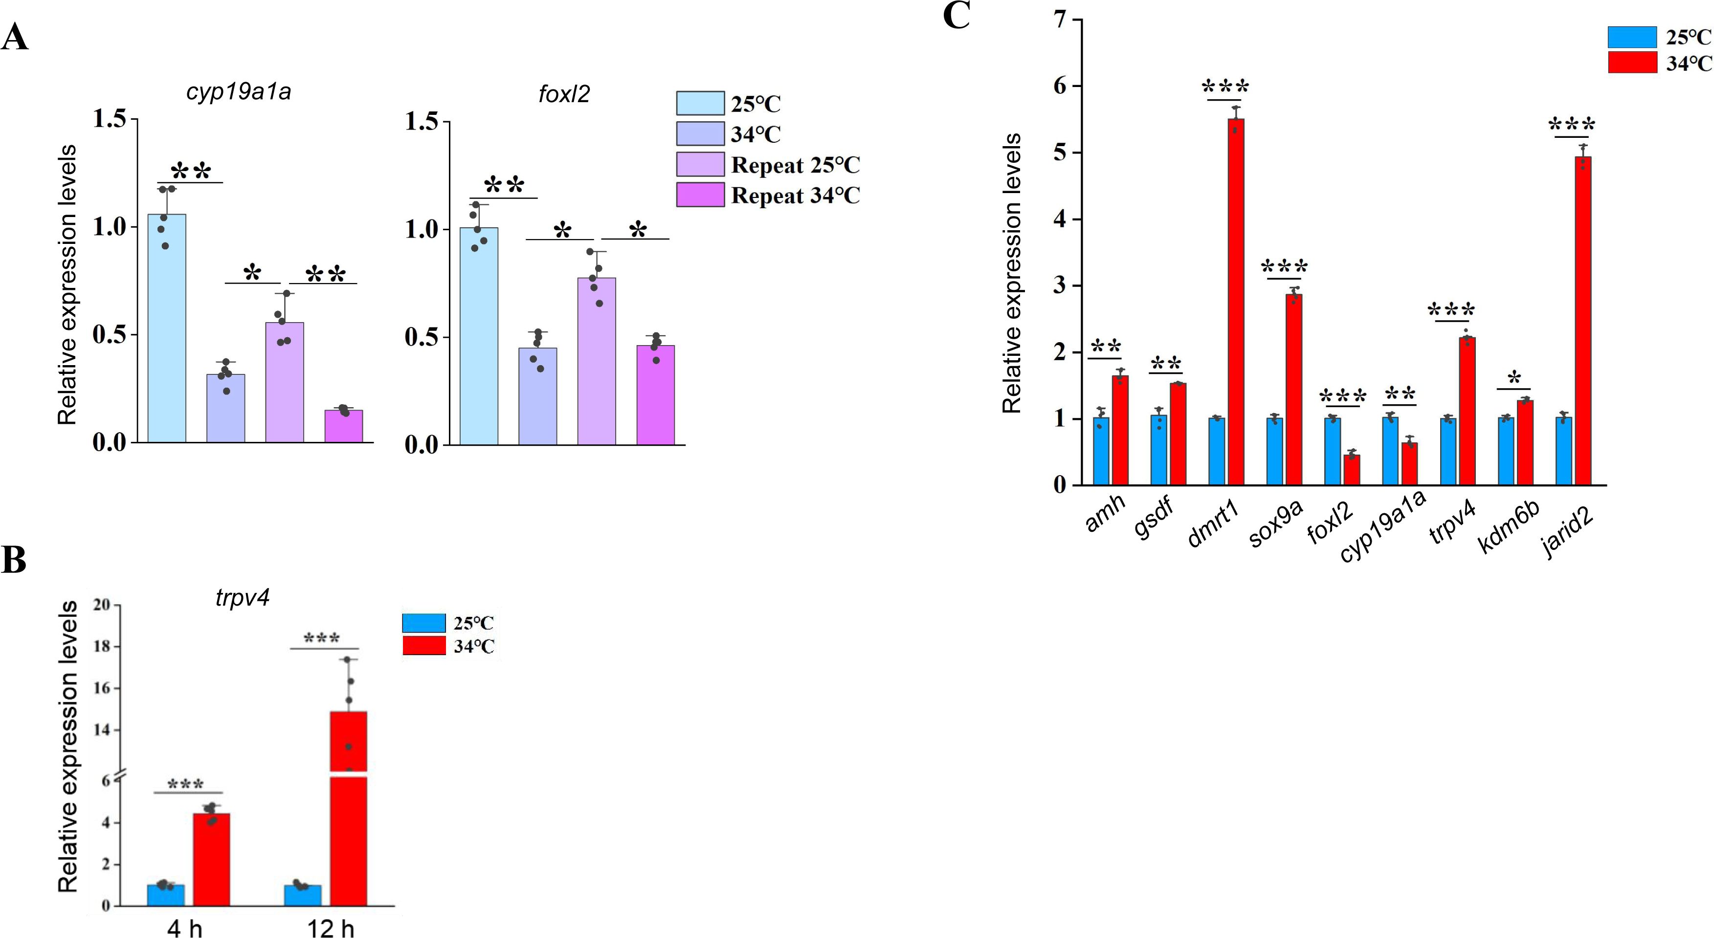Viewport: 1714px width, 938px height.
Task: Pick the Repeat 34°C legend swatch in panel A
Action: [700, 196]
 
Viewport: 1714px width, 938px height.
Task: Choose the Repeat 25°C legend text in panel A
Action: [795, 165]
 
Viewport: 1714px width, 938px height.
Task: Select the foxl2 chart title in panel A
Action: [563, 94]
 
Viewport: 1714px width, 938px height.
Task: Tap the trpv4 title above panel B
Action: [242, 597]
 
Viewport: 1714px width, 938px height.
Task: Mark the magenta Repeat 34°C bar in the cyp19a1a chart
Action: [344, 426]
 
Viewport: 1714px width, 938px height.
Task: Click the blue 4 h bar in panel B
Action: [166, 895]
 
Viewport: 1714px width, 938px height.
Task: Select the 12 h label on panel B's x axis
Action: [331, 927]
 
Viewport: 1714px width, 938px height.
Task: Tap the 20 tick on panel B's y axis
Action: [102, 605]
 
